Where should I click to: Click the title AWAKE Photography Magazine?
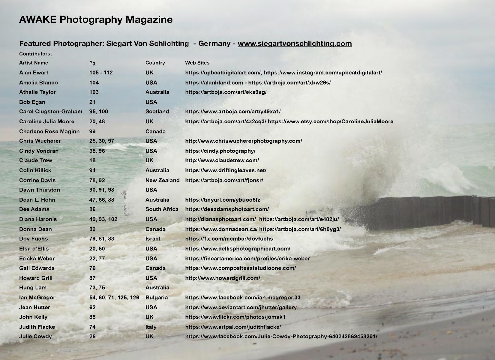pos(96,19)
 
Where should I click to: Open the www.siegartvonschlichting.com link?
pos(295,43)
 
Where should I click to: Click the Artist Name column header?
pos(34,63)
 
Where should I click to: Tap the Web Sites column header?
pos(197,63)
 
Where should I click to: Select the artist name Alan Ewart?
pos(34,73)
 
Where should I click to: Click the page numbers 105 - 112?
pos(101,73)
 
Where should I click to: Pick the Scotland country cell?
pos(157,112)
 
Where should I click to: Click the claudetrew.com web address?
pos(222,160)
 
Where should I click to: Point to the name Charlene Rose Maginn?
pos(49,131)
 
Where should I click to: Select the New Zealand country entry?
pos(162,180)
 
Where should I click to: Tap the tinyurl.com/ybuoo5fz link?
pos(223,200)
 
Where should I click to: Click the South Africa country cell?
pos(162,209)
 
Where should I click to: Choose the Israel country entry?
pos(153,239)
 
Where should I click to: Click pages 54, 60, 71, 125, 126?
pos(114,298)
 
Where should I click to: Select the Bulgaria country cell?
pos(157,298)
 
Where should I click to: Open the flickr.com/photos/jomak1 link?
pos(235,317)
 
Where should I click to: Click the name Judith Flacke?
pos(37,327)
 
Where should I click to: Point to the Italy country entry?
pos(151,327)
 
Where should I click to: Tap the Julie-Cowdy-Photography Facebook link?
pos(281,337)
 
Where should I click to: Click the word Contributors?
pos(35,54)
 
